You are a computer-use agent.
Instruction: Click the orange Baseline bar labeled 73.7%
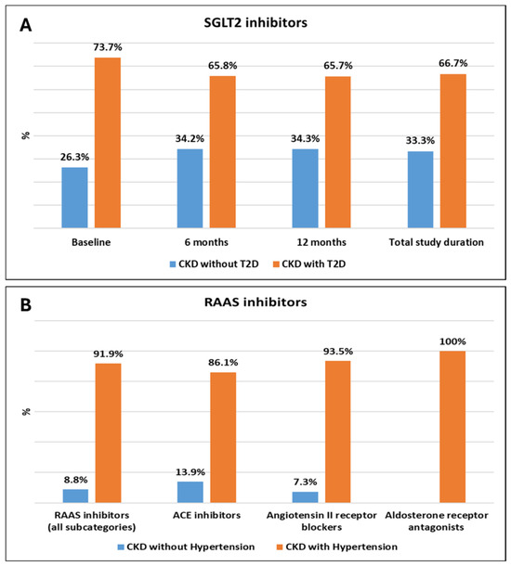tap(108, 143)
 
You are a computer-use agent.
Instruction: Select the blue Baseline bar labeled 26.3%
tap(75, 198)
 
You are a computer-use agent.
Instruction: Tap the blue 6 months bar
tap(190, 188)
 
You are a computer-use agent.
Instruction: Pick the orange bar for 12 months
tap(338, 152)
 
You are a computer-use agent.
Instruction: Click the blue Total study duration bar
tap(420, 189)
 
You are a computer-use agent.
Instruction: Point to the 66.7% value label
tap(453, 63)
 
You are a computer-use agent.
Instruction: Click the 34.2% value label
tap(190, 138)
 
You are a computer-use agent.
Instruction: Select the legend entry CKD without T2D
tap(215, 264)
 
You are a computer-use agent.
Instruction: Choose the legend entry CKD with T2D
tap(309, 264)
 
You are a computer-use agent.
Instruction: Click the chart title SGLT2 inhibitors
tap(255, 22)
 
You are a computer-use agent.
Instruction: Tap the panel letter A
tap(26, 25)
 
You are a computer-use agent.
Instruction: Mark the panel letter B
tap(26, 305)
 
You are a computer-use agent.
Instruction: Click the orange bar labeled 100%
tap(452, 427)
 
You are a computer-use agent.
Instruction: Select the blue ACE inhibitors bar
tap(190, 492)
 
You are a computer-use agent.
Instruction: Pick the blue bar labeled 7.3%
tap(305, 497)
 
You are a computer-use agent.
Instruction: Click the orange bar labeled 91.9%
tap(108, 432)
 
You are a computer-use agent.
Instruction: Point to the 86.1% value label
tap(223, 363)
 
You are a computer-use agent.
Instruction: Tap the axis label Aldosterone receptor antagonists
tap(437, 521)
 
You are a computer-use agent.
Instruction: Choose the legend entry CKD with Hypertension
tap(337, 547)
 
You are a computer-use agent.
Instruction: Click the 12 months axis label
tap(321, 242)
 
